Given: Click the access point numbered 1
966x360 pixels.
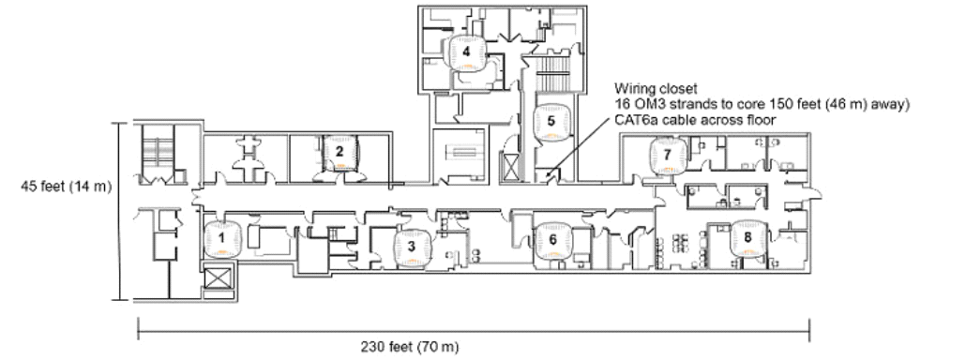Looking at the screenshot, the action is pyautogui.click(x=221, y=239).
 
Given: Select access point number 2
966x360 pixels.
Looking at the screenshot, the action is pyautogui.click(x=340, y=152).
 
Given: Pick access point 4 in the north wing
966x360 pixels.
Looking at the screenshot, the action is pyautogui.click(x=466, y=52).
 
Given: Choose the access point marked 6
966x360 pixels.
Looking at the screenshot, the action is pyautogui.click(x=552, y=241).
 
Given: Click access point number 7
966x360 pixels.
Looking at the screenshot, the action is pyautogui.click(x=667, y=156).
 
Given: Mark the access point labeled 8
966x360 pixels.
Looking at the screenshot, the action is pyautogui.click(x=747, y=238).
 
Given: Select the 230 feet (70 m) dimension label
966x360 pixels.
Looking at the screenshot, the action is pyautogui.click(x=409, y=347).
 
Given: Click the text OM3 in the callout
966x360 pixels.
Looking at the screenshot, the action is pyautogui.click(x=641, y=105).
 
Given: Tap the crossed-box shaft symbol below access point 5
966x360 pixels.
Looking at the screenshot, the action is pyautogui.click(x=511, y=167).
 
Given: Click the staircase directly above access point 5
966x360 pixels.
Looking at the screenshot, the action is pyautogui.click(x=551, y=74).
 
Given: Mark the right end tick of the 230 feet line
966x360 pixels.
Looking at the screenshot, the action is pyautogui.click(x=808, y=330).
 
